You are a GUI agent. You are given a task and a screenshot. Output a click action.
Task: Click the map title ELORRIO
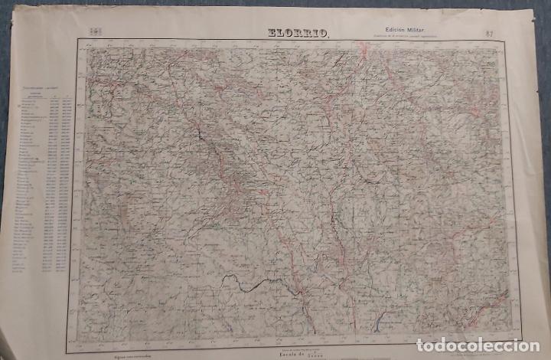(298, 32)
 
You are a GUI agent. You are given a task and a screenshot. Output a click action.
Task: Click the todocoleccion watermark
(495, 342)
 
